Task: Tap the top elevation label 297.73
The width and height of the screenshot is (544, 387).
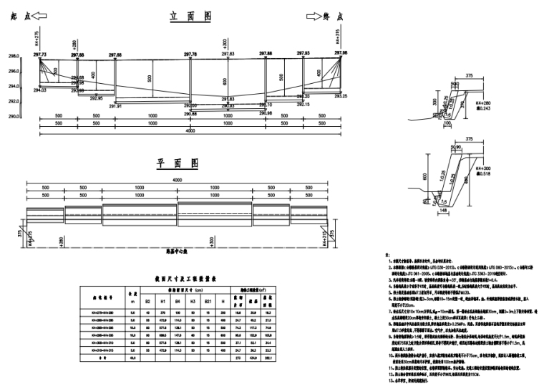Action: [x=39, y=54]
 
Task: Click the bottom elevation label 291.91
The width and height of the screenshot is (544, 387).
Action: [x=115, y=106]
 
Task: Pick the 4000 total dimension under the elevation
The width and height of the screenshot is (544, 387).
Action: [x=190, y=131]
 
